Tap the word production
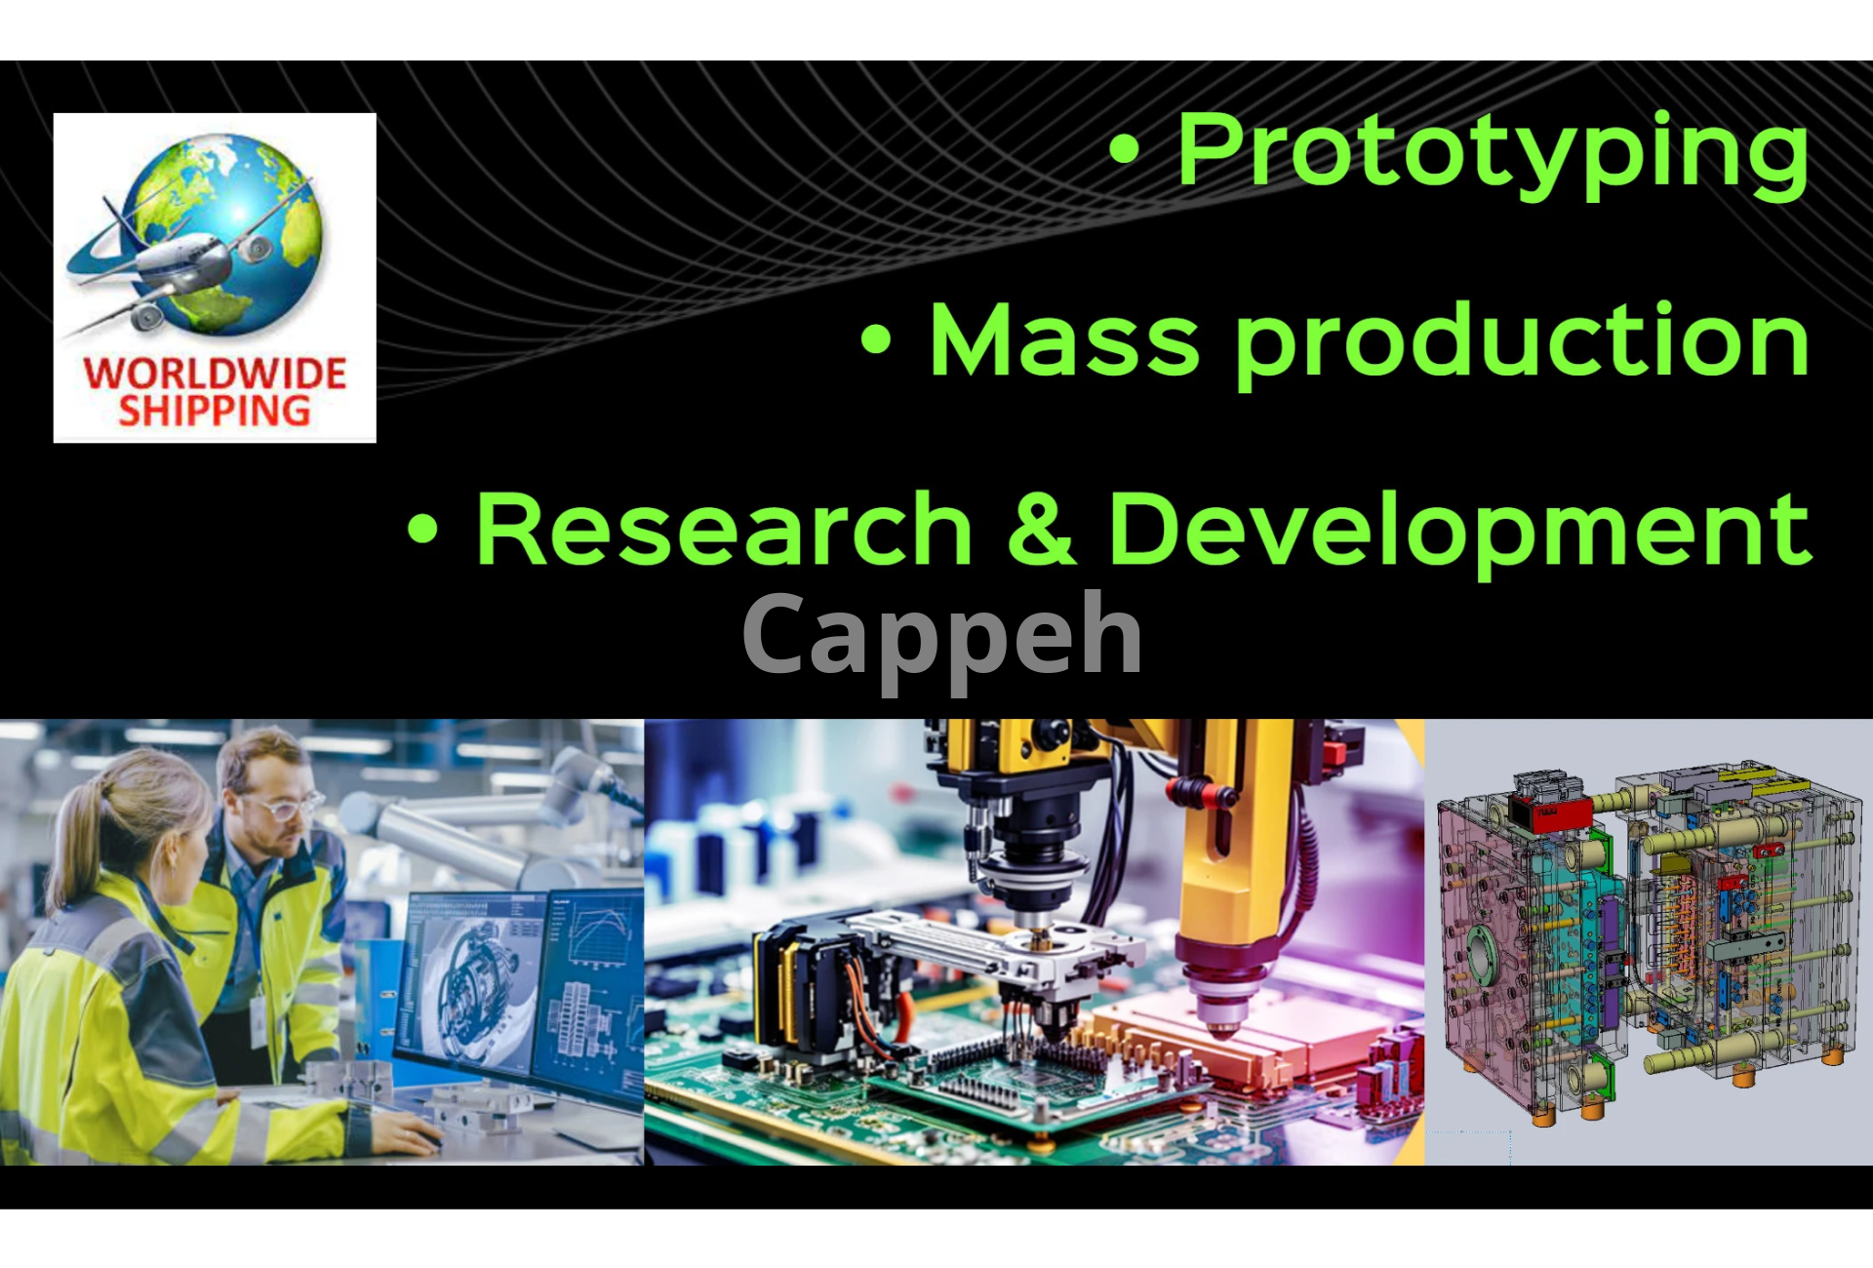(1522, 343)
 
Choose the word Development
(1459, 533)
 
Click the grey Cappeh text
(942, 639)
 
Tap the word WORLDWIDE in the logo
(215, 374)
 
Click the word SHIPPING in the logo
(215, 411)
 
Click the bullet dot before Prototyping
(1125, 149)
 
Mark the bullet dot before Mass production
(876, 339)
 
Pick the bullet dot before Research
(422, 529)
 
